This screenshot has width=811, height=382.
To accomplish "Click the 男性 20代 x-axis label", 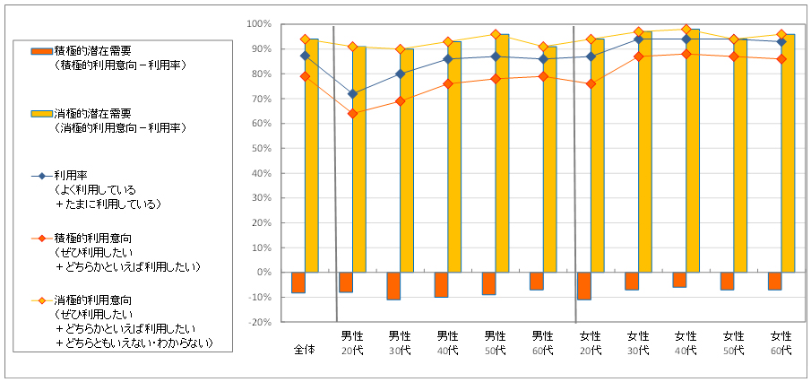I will tap(352, 343).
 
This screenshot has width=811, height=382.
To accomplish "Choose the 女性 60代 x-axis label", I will tap(781, 343).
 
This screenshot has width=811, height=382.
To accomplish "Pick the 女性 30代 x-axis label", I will tap(638, 343).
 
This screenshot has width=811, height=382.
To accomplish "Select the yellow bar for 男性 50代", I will tap(503, 152).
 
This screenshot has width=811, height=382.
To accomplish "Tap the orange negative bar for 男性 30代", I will tap(393, 285).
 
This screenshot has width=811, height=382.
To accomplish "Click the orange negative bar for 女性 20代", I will tap(585, 285).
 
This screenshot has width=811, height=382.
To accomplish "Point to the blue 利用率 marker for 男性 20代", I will tap(352, 93).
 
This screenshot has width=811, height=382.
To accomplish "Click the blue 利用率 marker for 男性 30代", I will tap(400, 74).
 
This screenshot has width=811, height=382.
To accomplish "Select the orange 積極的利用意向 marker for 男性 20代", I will tap(352, 113).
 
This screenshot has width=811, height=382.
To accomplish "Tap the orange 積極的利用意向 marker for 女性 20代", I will tap(591, 83).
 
